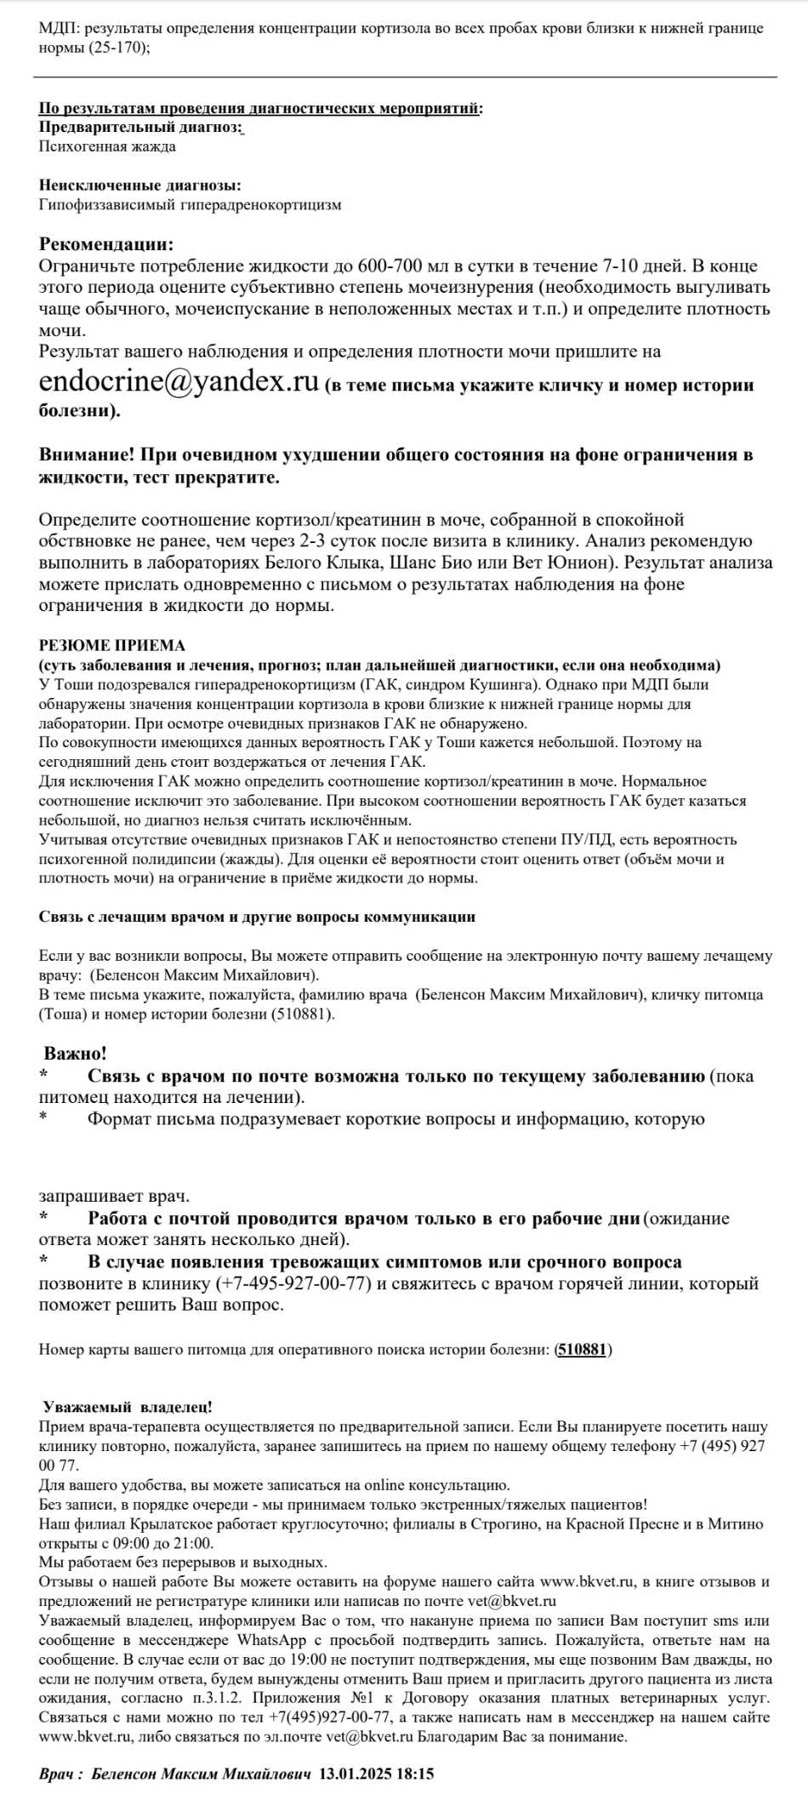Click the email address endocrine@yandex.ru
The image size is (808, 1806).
click(179, 381)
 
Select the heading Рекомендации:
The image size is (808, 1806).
click(106, 244)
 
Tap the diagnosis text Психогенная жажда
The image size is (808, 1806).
click(107, 146)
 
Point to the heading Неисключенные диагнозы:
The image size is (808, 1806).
click(139, 185)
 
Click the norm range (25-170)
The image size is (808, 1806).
click(117, 48)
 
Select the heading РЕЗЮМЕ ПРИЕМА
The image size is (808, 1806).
click(111, 645)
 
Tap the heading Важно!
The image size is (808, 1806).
click(76, 1054)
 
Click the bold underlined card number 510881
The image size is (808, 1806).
click(583, 1349)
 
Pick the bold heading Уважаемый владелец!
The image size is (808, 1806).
click(128, 1407)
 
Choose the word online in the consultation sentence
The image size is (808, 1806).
click(384, 1485)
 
